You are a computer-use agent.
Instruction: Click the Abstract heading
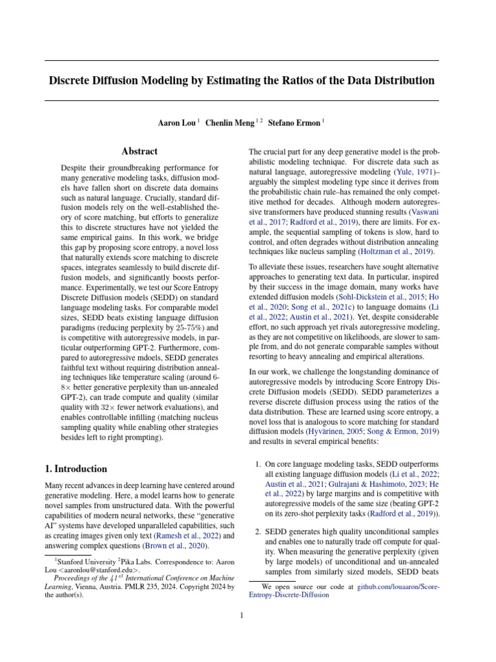point(139,151)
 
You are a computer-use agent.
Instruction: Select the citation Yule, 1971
point(419,171)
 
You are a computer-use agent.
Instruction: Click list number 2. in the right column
point(256,531)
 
